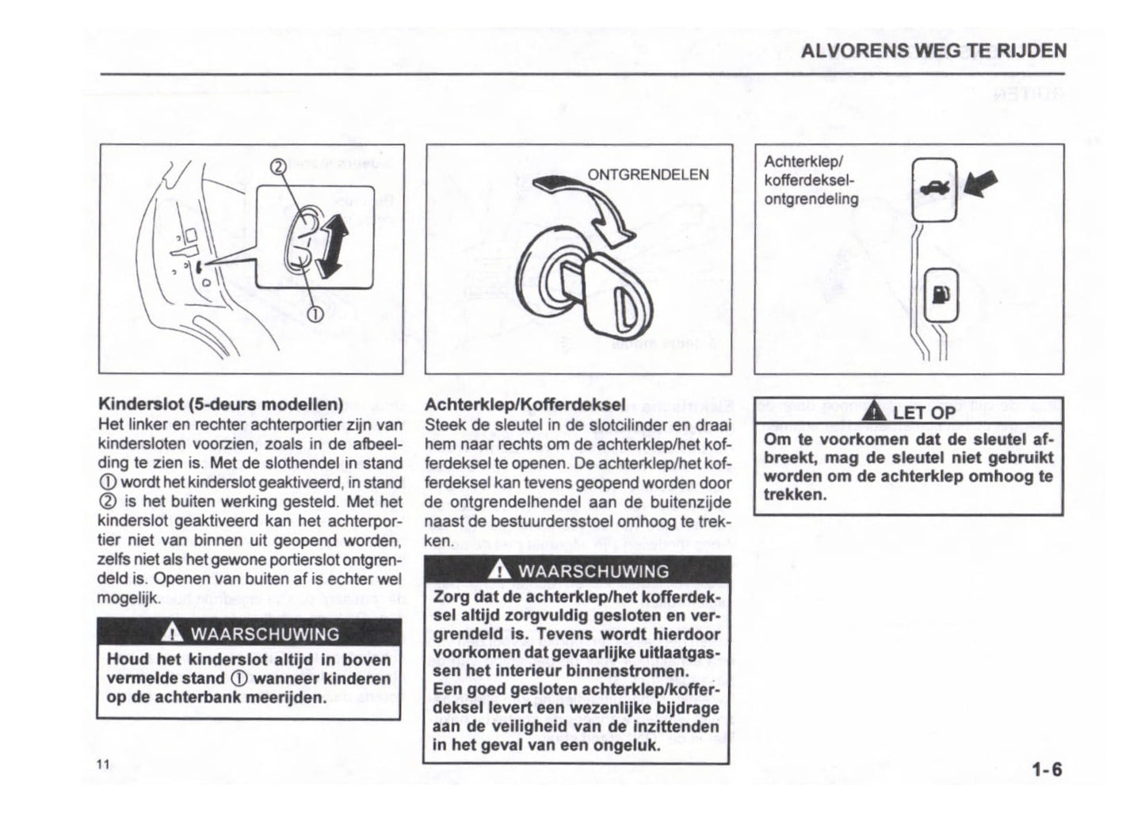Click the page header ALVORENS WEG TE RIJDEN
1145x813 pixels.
click(933, 51)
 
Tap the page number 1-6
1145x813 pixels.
click(1046, 769)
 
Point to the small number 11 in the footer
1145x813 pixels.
click(102, 764)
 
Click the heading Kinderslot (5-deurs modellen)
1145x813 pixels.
click(219, 405)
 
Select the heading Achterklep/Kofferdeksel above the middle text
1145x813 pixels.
click(525, 405)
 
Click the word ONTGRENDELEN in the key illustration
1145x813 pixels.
click(647, 175)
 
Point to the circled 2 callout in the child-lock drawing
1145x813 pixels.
click(277, 167)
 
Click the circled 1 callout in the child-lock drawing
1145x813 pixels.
click(315, 315)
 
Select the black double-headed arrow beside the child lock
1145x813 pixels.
click(333, 248)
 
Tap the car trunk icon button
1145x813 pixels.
click(935, 190)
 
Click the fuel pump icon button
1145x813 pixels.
click(941, 295)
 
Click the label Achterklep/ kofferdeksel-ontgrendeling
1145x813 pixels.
click(811, 181)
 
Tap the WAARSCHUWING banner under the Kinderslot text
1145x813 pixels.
click(249, 633)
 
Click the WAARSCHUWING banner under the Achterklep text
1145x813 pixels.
click(578, 571)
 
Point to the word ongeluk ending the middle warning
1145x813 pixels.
click(625, 746)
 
